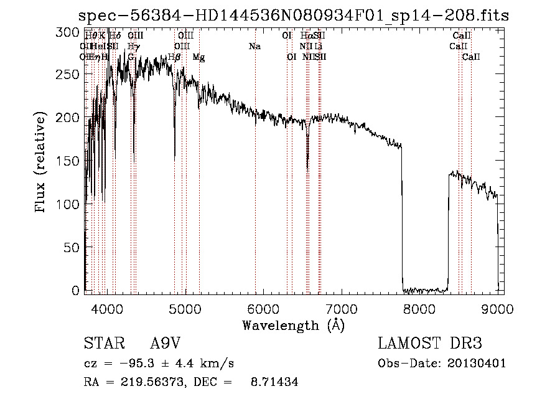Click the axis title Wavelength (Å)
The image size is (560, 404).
(293, 324)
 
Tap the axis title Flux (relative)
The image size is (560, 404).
(41, 162)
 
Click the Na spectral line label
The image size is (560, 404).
(254, 47)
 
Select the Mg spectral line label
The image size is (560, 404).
(198, 57)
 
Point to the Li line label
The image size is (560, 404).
(318, 47)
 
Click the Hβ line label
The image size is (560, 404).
(174, 57)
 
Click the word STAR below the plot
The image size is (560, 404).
(103, 344)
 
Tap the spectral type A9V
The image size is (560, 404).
(165, 344)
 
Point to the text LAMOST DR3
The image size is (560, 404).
(430, 344)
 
